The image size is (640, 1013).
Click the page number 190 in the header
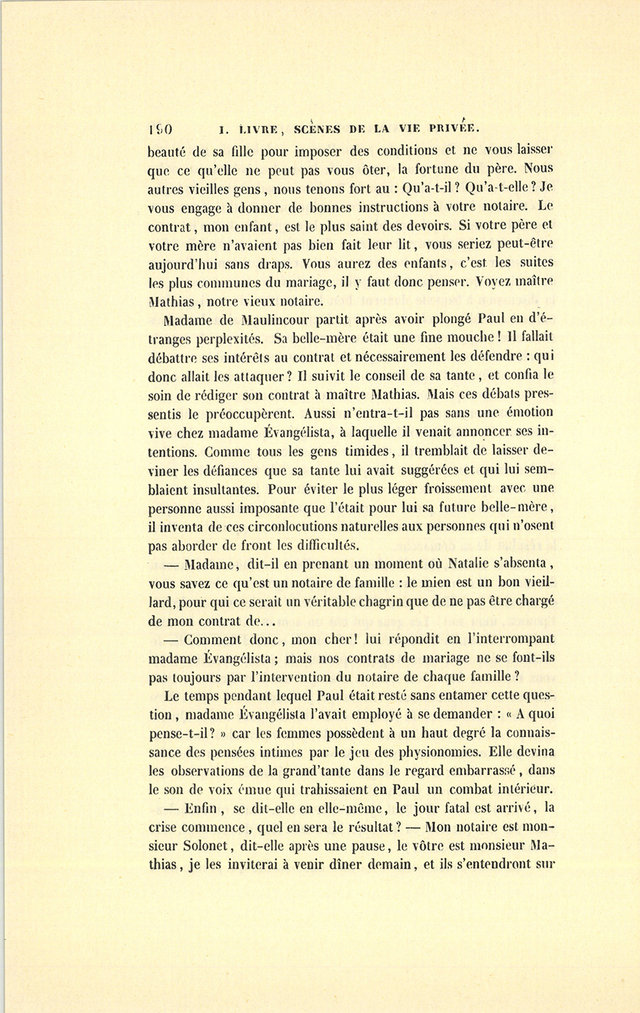point(162,130)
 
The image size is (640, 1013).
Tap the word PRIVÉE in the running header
point(454,129)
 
